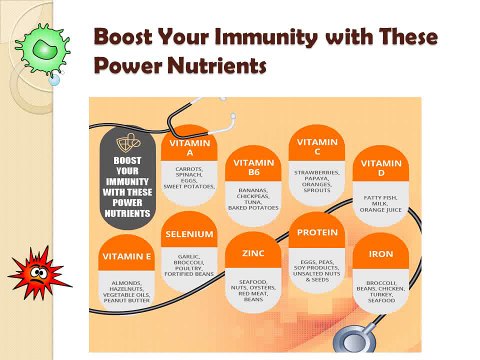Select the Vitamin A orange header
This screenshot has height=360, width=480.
190,147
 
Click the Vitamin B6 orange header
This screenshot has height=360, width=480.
253,165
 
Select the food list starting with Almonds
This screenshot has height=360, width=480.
127,289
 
